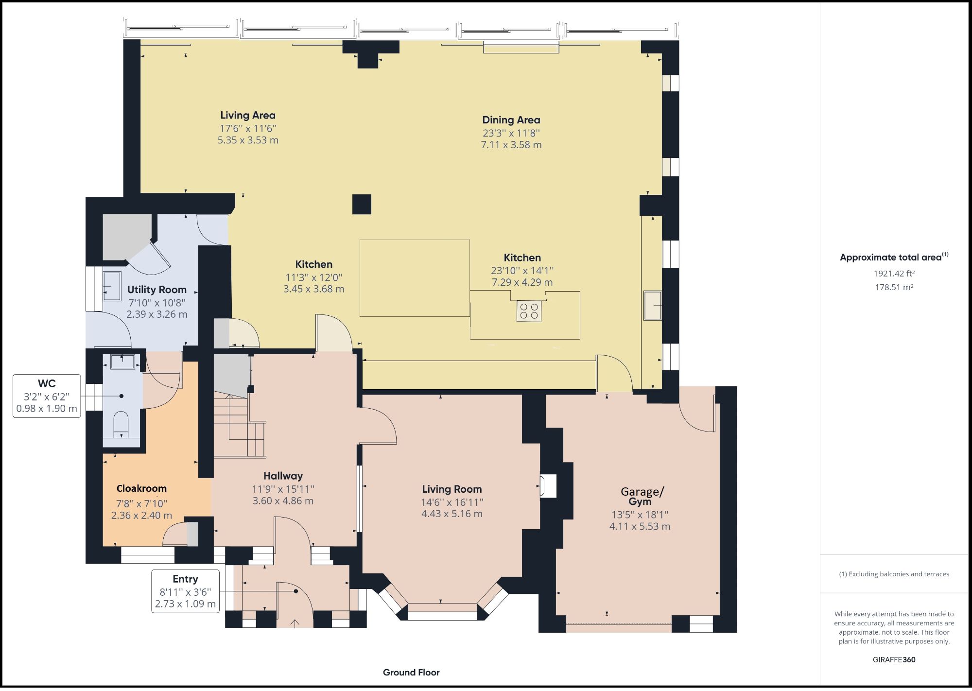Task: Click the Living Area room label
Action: pyautogui.click(x=248, y=115)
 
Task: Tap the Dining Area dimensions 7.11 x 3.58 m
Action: pyautogui.click(x=511, y=145)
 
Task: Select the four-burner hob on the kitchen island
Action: pyautogui.click(x=529, y=311)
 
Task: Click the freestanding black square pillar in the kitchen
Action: pyautogui.click(x=362, y=204)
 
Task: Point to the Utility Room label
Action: pyautogui.click(x=156, y=290)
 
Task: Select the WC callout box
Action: pyautogui.click(x=47, y=396)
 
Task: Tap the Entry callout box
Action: pyautogui.click(x=185, y=591)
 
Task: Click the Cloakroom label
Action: pyautogui.click(x=141, y=488)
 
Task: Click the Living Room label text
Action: pyautogui.click(x=451, y=489)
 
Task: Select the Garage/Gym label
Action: pyautogui.click(x=642, y=496)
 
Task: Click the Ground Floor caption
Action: pyautogui.click(x=411, y=673)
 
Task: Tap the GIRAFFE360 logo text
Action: pyautogui.click(x=894, y=660)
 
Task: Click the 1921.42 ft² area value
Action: pyautogui.click(x=894, y=274)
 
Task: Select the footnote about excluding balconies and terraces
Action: pyautogui.click(x=894, y=574)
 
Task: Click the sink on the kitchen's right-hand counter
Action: pyautogui.click(x=652, y=306)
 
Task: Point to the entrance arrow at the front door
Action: pyautogui.click(x=295, y=623)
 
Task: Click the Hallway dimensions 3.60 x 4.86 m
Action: pyautogui.click(x=283, y=501)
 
